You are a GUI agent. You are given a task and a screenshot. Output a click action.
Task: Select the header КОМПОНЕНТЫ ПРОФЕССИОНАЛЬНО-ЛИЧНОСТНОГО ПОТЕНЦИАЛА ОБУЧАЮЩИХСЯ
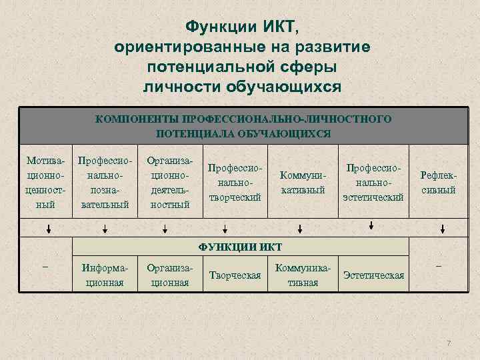pyautogui.click(x=243, y=125)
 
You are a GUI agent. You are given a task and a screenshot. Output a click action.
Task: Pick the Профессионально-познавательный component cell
pyautogui.click(x=104, y=183)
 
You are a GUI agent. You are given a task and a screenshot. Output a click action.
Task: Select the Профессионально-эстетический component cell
pyautogui.click(x=373, y=183)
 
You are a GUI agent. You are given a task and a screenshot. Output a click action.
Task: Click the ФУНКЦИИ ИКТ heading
pyautogui.click(x=240, y=247)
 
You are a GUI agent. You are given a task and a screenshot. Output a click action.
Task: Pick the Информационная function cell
pyautogui.click(x=104, y=275)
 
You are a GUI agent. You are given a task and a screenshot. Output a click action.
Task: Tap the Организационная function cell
pyautogui.click(x=169, y=275)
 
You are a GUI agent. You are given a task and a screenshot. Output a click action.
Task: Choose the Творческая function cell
pyautogui.click(x=235, y=275)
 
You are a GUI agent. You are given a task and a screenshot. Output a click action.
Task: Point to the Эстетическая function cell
pyautogui.click(x=373, y=275)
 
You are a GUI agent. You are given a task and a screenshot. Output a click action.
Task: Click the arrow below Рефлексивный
pyautogui.click(x=441, y=229)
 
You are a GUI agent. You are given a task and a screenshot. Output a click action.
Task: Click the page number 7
pyautogui.click(x=449, y=343)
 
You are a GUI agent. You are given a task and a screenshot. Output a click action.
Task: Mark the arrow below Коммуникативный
pyautogui.click(x=300, y=229)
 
